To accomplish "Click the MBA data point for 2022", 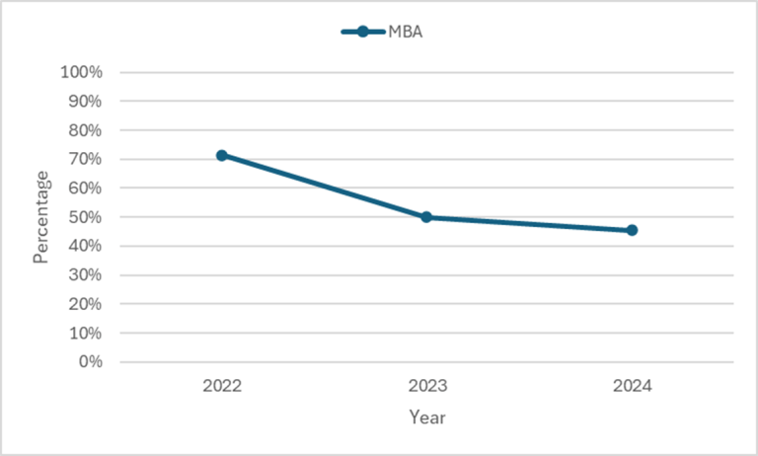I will click(222, 155).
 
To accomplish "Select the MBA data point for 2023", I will click(426, 217).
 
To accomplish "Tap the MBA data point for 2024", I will click(632, 230).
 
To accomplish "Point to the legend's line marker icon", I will click(362, 32).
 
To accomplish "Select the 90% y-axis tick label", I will click(84, 101).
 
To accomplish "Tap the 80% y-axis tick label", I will click(84, 130).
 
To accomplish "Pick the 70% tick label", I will click(84, 159).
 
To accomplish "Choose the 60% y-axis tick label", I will click(84, 188).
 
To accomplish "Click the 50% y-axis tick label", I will click(84, 217).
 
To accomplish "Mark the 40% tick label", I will click(84, 246).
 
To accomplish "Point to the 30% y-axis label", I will click(84, 274).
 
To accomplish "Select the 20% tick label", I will click(84, 304).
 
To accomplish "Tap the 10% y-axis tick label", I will click(84, 333).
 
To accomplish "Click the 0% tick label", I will click(88, 362).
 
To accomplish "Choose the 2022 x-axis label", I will click(222, 386).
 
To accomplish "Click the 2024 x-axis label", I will click(632, 386).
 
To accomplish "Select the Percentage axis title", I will click(40, 217).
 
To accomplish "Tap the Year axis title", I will click(426, 418).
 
